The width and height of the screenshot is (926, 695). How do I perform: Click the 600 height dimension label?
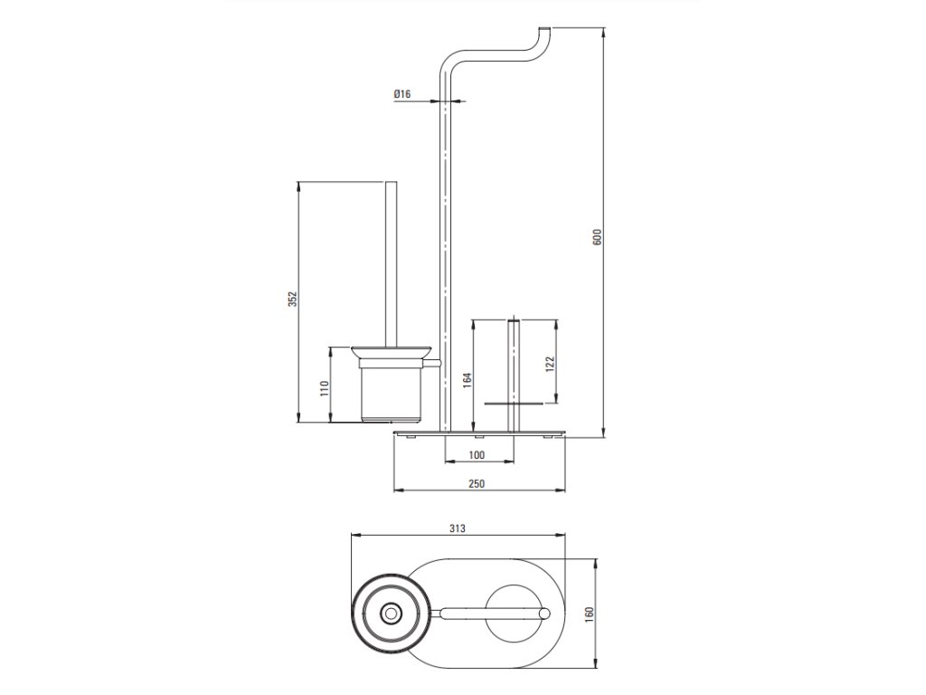tap(597, 237)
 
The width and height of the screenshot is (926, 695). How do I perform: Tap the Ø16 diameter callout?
tap(402, 93)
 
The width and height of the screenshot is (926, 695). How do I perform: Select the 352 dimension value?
tap(292, 299)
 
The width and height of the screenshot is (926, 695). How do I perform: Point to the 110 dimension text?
tap(325, 388)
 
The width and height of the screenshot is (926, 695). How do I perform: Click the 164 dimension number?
tap(467, 380)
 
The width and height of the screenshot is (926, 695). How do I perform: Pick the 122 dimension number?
tap(550, 364)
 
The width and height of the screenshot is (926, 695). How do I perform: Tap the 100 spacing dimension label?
tap(477, 454)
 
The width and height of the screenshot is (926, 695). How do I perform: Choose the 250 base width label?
tap(477, 483)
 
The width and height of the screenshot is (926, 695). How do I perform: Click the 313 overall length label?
tap(457, 528)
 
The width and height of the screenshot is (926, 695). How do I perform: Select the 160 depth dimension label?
tap(589, 614)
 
